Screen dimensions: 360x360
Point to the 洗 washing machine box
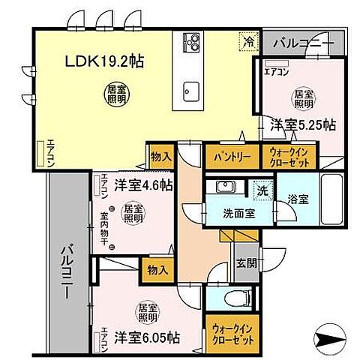262,190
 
